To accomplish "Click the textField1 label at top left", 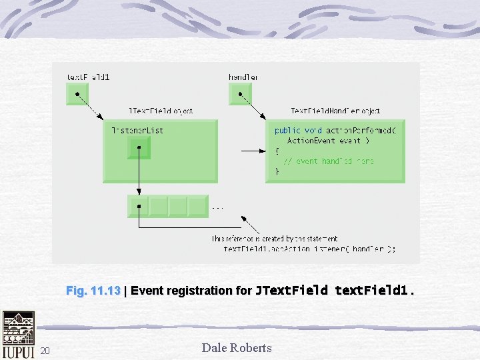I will pyautogui.click(x=87, y=77).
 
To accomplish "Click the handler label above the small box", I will pyautogui.click(x=243, y=77).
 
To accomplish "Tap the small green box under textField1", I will pyautogui.click(x=77, y=93).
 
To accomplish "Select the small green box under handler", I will pyautogui.click(x=240, y=93).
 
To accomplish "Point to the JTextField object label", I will pyautogui.click(x=161, y=111).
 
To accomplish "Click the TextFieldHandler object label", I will pyautogui.click(x=335, y=111).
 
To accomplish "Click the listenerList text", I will pyautogui.click(x=137, y=130).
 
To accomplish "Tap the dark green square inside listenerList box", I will pyautogui.click(x=139, y=147).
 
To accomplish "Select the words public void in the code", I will pyautogui.click(x=297, y=131).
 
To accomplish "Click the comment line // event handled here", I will pyautogui.click(x=329, y=161).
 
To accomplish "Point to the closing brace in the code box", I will pyautogui.click(x=277, y=171).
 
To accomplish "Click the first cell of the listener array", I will pyautogui.click(x=139, y=206).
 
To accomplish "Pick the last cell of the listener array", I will pyautogui.click(x=198, y=206).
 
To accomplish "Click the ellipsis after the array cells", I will pyautogui.click(x=217, y=208).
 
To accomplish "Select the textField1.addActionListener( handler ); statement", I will pyautogui.click(x=309, y=249).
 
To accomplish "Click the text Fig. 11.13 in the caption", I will pyautogui.click(x=93, y=291).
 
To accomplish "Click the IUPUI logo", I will pyautogui.click(x=18, y=335).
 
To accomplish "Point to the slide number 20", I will pyautogui.click(x=45, y=351).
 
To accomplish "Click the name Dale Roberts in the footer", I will pyautogui.click(x=237, y=347).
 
